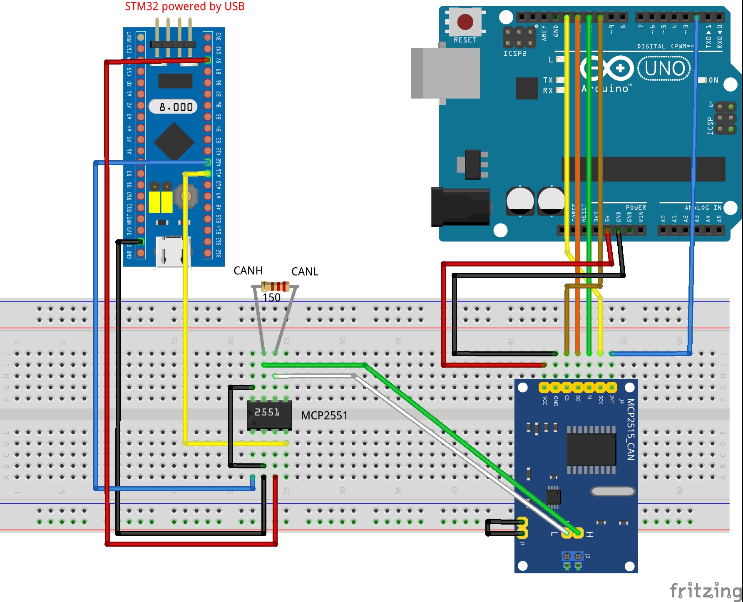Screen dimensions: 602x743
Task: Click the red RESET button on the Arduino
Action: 465,22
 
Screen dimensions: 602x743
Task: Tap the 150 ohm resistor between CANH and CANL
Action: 275,286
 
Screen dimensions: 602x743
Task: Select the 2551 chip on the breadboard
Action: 269,415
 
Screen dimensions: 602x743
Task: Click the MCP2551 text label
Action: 324,415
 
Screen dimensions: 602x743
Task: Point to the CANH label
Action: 248,271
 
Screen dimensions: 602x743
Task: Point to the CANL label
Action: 305,271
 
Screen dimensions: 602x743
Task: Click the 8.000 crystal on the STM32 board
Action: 174,107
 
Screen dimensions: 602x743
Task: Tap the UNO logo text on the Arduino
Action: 664,69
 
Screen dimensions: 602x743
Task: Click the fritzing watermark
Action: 705,590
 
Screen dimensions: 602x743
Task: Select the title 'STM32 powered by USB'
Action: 184,6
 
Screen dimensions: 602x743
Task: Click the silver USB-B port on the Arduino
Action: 445,73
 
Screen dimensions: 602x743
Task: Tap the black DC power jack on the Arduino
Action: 460,206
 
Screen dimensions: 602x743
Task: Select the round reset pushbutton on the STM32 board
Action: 186,196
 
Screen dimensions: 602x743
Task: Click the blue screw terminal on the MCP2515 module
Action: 572,560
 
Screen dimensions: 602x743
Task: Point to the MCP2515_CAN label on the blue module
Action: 631,429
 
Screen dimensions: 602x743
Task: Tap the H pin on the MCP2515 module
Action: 579,533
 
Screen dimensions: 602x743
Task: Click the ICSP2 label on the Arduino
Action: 515,53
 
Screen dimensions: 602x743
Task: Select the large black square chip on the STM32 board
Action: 174,141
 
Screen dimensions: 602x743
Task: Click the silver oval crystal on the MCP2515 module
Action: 613,492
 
